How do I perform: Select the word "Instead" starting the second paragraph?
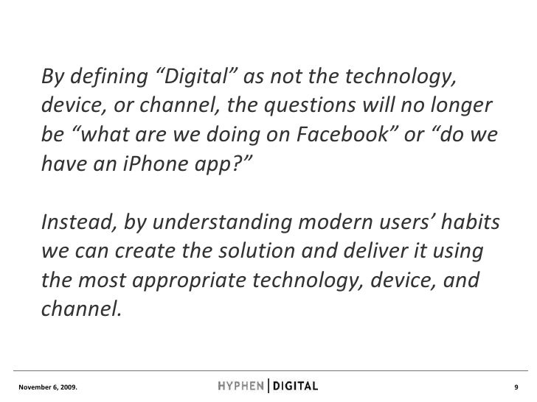tap(73, 222)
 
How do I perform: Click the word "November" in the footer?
tap(32, 386)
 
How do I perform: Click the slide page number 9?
tap(517, 386)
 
